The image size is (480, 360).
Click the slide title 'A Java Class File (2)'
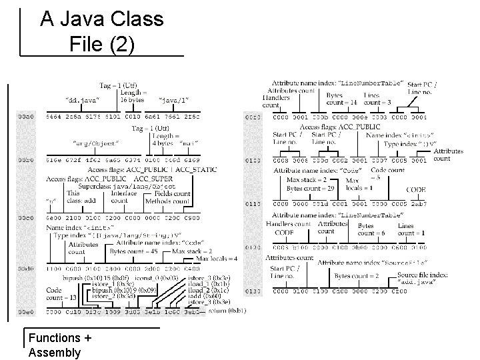101,31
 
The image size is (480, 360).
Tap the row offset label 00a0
25,117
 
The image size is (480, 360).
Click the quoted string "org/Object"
96,143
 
